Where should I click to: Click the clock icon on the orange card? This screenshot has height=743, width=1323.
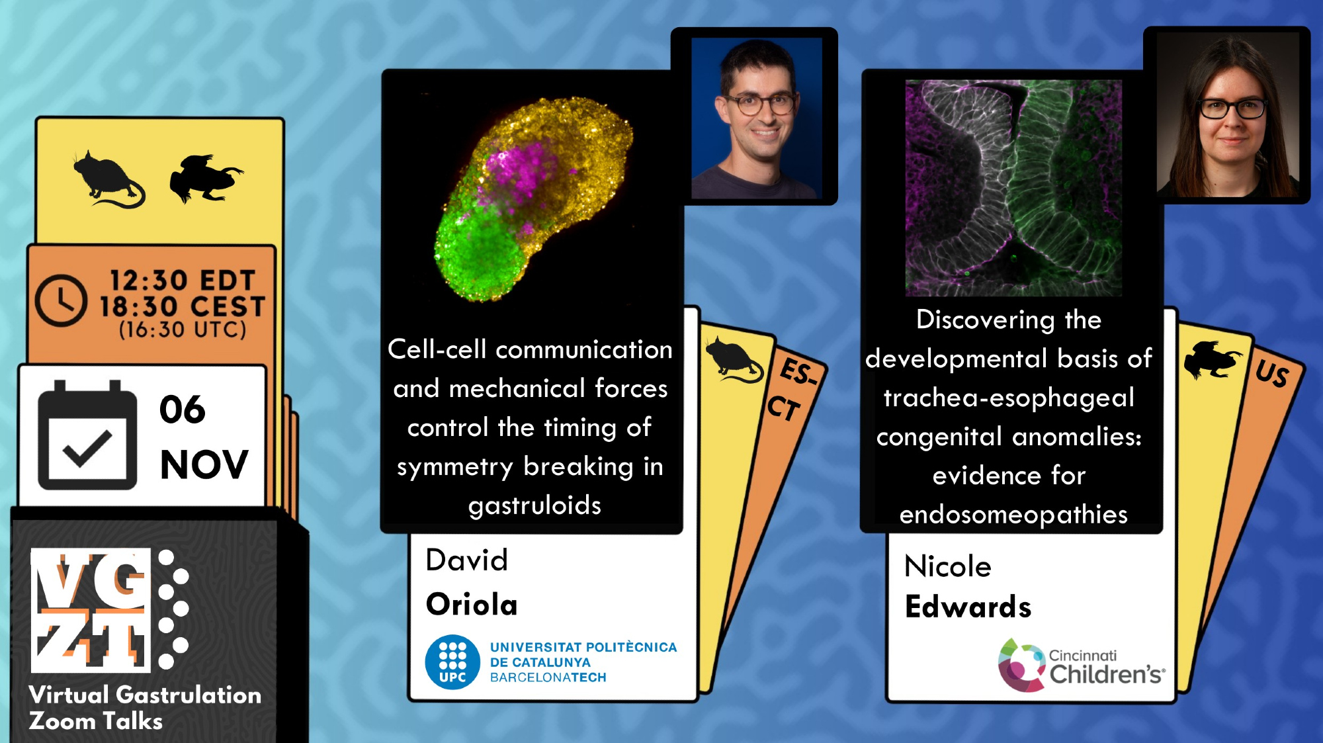click(61, 300)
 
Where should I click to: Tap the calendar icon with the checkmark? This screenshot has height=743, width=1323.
click(87, 435)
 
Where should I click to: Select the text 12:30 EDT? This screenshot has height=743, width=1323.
click(183, 281)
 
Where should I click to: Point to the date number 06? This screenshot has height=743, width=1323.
click(183, 410)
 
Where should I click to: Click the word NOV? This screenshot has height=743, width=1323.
click(204, 464)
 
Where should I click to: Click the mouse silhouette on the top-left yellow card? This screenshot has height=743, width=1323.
click(108, 179)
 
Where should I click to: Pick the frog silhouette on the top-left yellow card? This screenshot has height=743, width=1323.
click(206, 178)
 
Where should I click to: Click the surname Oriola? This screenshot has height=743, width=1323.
click(472, 605)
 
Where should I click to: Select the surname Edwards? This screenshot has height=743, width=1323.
click(968, 607)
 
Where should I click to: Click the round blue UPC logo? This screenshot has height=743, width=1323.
click(452, 662)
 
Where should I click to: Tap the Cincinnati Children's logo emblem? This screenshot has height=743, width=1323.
click(1021, 666)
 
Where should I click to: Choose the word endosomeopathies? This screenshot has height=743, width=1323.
click(1013, 515)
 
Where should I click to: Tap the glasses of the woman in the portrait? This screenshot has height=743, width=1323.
click(1232, 108)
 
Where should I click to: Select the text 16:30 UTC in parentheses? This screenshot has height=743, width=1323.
click(183, 329)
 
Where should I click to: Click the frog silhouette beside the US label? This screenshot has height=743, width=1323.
click(1212, 360)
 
